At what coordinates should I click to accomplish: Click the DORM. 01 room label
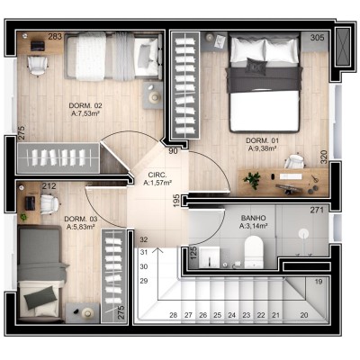point(263,140)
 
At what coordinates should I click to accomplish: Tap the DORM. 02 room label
point(85,105)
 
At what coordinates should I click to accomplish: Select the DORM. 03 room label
point(81,219)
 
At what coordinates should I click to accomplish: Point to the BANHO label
point(254,218)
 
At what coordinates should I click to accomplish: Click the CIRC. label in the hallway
point(157,175)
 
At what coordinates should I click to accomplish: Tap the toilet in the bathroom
point(254,252)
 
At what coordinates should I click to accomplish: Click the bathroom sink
point(210,257)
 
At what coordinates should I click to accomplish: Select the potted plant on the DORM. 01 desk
point(252,180)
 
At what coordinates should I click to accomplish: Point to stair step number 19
point(319,282)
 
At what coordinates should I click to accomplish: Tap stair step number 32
point(144,239)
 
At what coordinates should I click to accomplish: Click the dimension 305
point(317,38)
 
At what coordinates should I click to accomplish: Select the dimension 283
point(55,37)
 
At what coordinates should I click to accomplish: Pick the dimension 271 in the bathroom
point(317,210)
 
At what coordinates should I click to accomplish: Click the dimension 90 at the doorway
point(173,151)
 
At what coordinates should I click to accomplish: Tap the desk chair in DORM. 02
point(38,66)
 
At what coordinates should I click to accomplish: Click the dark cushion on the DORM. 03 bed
point(40,297)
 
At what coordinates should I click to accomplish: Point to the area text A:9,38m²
point(262,148)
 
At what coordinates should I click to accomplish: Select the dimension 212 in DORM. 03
point(49,186)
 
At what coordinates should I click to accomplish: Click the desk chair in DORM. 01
point(294,161)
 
